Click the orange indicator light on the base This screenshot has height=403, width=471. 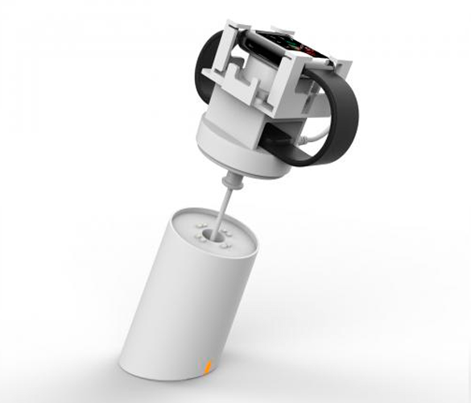coord(209,368)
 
